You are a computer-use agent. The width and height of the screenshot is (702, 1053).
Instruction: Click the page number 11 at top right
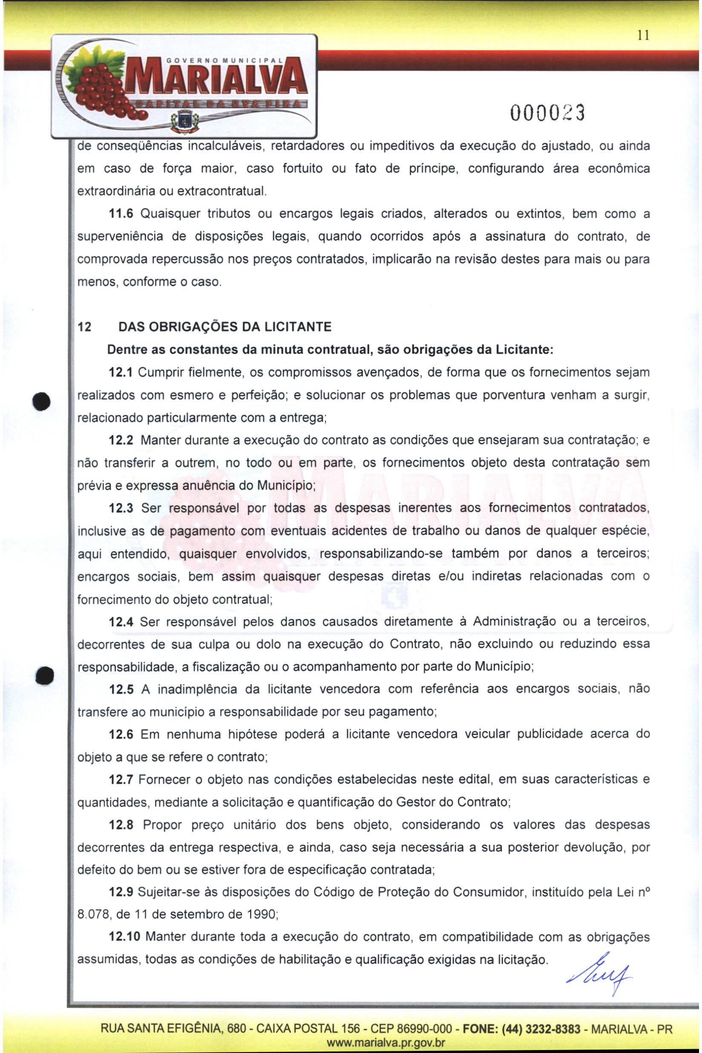pos(643,36)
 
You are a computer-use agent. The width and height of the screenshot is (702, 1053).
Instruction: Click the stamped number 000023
pos(547,114)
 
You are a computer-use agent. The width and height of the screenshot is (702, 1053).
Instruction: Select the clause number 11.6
pos(121,214)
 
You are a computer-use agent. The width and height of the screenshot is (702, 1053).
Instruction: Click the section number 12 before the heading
pos(84,327)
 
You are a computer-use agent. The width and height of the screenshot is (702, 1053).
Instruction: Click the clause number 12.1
pos(121,373)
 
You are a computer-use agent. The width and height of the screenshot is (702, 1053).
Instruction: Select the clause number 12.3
pos(121,508)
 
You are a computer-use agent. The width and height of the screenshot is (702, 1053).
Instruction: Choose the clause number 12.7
pos(121,780)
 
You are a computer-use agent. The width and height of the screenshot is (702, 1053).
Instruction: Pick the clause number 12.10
pos(124,937)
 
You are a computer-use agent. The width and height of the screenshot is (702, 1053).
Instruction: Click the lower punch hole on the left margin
pos(45,675)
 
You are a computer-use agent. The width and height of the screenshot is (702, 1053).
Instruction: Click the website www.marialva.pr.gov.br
pos(386,1043)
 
